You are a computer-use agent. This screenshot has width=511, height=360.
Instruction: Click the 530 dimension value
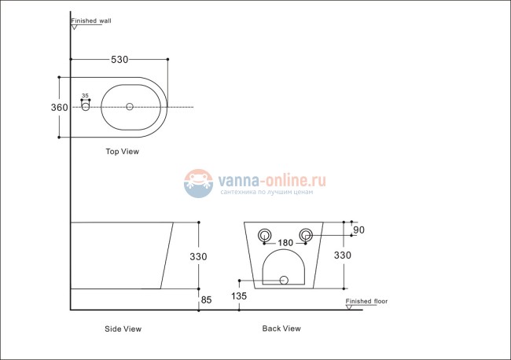click(x=119, y=59)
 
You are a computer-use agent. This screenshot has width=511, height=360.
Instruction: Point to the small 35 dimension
click(x=86, y=96)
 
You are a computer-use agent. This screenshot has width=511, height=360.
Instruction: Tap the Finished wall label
click(x=91, y=21)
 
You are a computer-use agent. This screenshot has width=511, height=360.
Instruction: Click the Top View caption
click(x=122, y=152)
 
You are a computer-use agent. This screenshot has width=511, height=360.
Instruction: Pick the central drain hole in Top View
click(x=130, y=106)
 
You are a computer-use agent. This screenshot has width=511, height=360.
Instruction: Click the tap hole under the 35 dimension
click(x=86, y=106)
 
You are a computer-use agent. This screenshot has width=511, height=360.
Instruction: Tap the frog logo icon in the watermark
click(x=199, y=184)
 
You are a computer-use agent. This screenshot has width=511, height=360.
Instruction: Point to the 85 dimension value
click(x=207, y=299)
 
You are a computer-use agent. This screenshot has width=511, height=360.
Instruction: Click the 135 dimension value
click(x=239, y=296)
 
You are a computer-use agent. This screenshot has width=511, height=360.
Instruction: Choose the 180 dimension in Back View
click(x=286, y=242)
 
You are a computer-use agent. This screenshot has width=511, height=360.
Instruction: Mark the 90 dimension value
click(x=360, y=230)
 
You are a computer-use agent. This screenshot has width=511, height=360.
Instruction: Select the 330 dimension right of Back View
click(x=343, y=255)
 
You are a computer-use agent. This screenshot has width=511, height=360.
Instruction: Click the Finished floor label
click(x=366, y=301)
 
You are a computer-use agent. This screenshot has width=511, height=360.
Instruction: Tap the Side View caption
click(x=123, y=329)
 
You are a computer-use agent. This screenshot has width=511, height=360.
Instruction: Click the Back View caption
click(x=281, y=329)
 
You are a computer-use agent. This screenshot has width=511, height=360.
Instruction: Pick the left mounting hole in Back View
click(x=264, y=233)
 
